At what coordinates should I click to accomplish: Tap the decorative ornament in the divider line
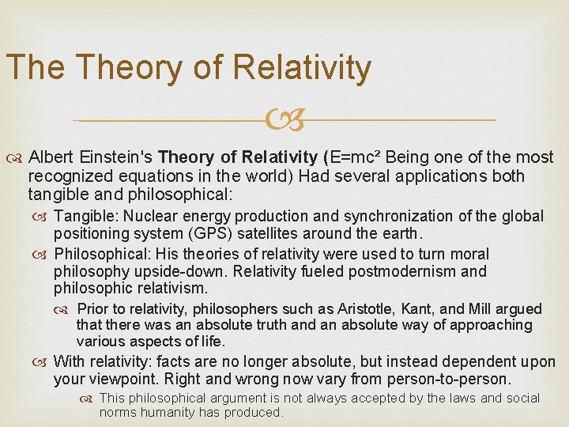tap(284, 121)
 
